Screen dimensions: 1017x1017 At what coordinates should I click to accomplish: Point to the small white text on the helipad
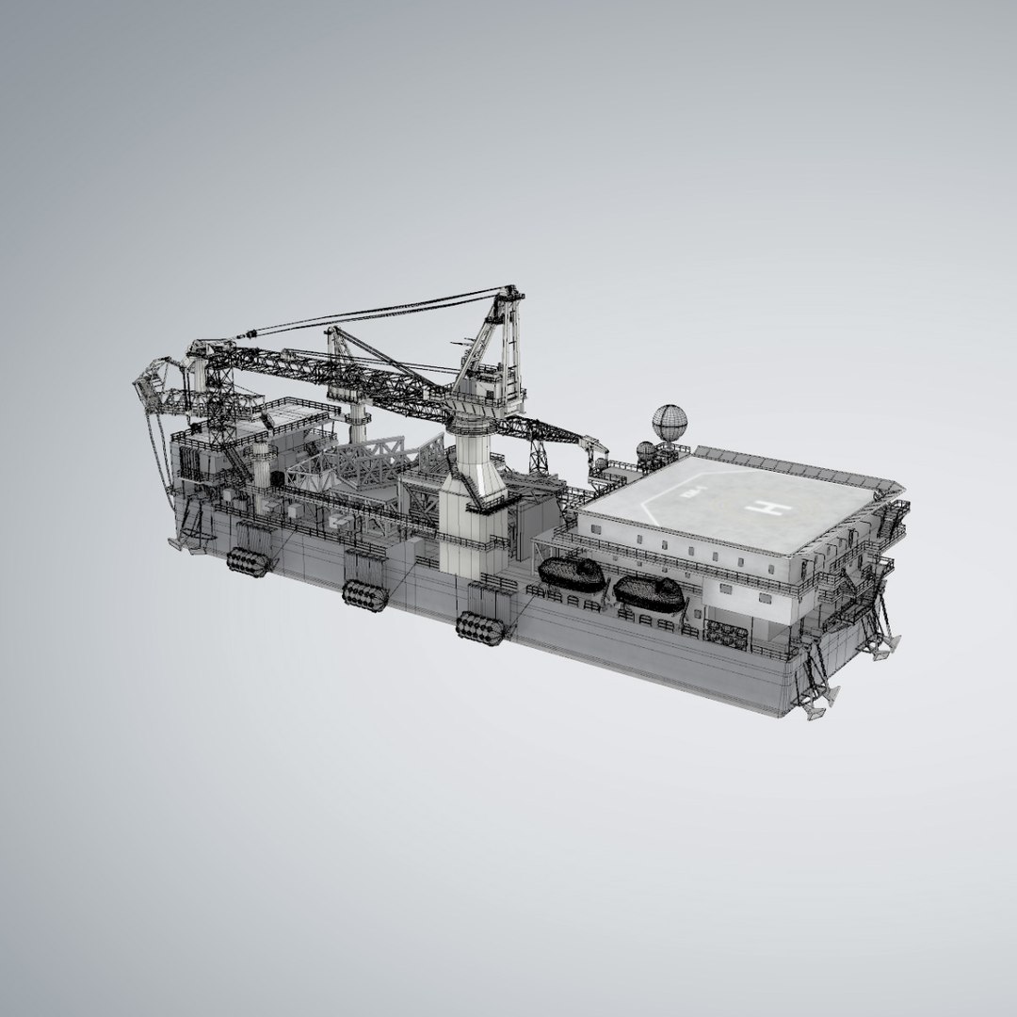[x=690, y=492]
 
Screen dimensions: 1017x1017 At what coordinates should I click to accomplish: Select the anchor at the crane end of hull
[x=177, y=543]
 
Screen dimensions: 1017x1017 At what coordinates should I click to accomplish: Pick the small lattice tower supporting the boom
[x=541, y=457]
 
